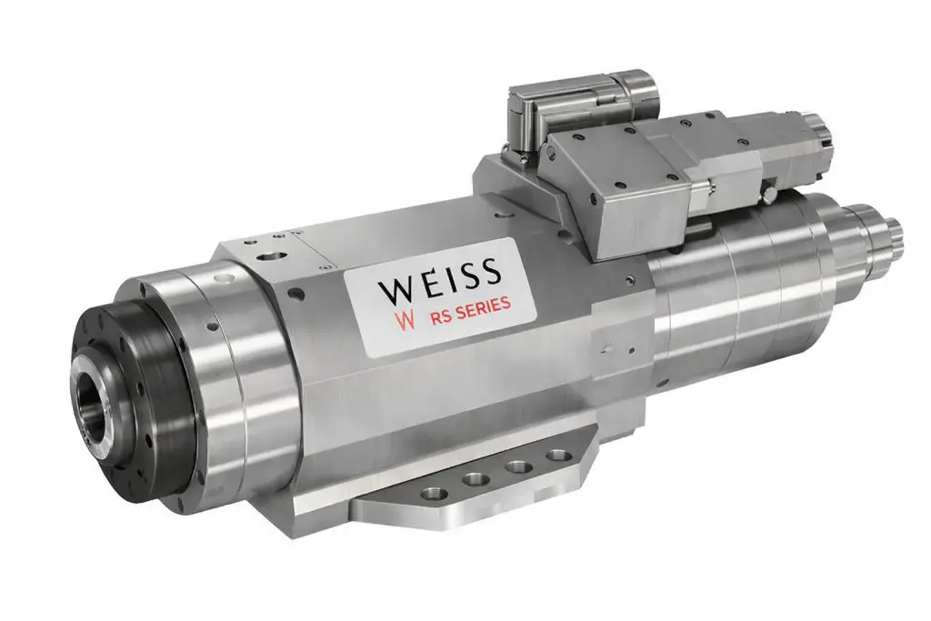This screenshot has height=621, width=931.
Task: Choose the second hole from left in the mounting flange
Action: click(x=474, y=480)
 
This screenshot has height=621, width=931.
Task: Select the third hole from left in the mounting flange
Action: click(x=518, y=466)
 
